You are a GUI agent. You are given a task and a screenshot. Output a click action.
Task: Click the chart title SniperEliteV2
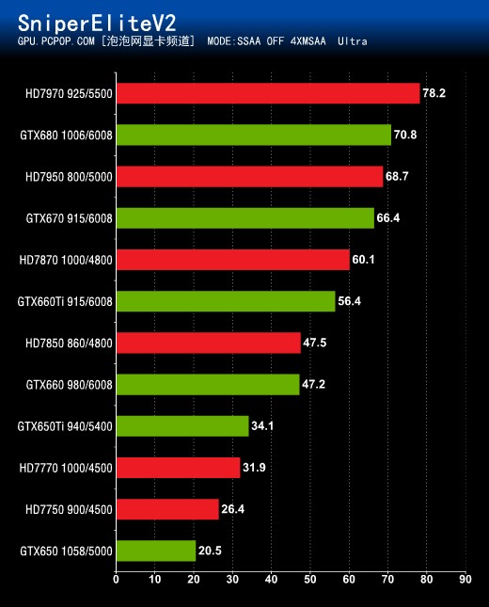click(x=97, y=22)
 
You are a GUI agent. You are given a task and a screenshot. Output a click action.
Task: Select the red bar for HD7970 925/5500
click(x=267, y=93)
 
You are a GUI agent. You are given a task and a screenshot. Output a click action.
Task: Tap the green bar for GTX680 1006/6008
click(x=253, y=135)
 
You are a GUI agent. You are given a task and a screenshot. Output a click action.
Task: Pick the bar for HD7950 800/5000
click(x=249, y=176)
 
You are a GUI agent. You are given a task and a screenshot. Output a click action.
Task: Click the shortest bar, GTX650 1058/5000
click(x=155, y=551)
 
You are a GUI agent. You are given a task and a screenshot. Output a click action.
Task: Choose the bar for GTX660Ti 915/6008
click(x=225, y=301)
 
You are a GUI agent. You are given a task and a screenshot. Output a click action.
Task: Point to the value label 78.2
click(x=434, y=93)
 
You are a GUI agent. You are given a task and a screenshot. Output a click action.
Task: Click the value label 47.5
click(x=315, y=343)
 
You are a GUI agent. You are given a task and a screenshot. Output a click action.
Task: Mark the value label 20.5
click(x=210, y=551)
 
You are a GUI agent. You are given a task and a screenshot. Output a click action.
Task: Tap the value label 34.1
click(x=263, y=426)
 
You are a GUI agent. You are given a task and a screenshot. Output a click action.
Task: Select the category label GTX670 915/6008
click(x=69, y=218)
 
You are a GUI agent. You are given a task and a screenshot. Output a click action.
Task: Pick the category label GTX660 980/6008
click(x=69, y=384)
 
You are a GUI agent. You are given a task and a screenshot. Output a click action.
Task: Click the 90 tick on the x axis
click(x=465, y=580)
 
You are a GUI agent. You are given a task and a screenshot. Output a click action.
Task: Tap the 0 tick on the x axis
click(x=116, y=580)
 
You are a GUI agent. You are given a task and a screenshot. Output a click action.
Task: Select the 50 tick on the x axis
click(x=309, y=580)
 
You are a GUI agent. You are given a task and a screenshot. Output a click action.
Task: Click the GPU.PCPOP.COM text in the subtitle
click(x=55, y=42)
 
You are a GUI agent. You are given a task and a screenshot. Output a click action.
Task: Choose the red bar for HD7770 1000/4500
click(x=178, y=468)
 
